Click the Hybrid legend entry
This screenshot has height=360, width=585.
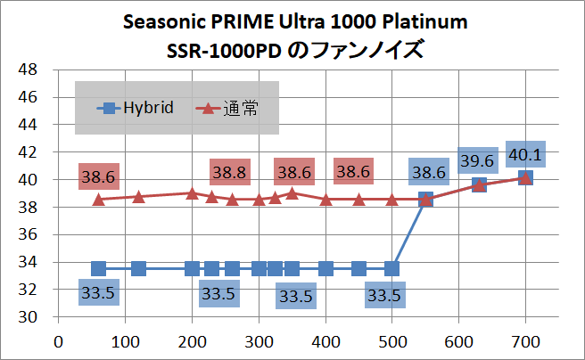coord(135,108)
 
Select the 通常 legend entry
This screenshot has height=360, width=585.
coord(227,109)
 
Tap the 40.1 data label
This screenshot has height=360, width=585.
coord(525,154)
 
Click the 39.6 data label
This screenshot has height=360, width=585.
coord(478,160)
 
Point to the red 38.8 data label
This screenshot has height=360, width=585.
coord(229,172)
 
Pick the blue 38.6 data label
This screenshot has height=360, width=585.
coord(429,172)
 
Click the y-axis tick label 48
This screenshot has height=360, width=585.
coord(28,70)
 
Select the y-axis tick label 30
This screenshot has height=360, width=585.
coord(28,317)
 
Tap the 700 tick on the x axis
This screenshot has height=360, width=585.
coord(525,342)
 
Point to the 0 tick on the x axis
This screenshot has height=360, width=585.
coord(58,342)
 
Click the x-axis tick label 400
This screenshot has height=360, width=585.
coord(325,342)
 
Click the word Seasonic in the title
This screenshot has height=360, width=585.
coord(164,21)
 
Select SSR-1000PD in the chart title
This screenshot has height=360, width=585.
coord(224,51)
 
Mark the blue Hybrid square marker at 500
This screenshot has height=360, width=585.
coord(391,268)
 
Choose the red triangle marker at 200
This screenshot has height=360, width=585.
coord(192,193)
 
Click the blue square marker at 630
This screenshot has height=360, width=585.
coord(479,184)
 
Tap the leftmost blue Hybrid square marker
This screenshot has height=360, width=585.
coord(98,268)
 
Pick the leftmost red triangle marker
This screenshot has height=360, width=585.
coord(98,200)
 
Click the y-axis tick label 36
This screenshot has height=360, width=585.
coord(28,234)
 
